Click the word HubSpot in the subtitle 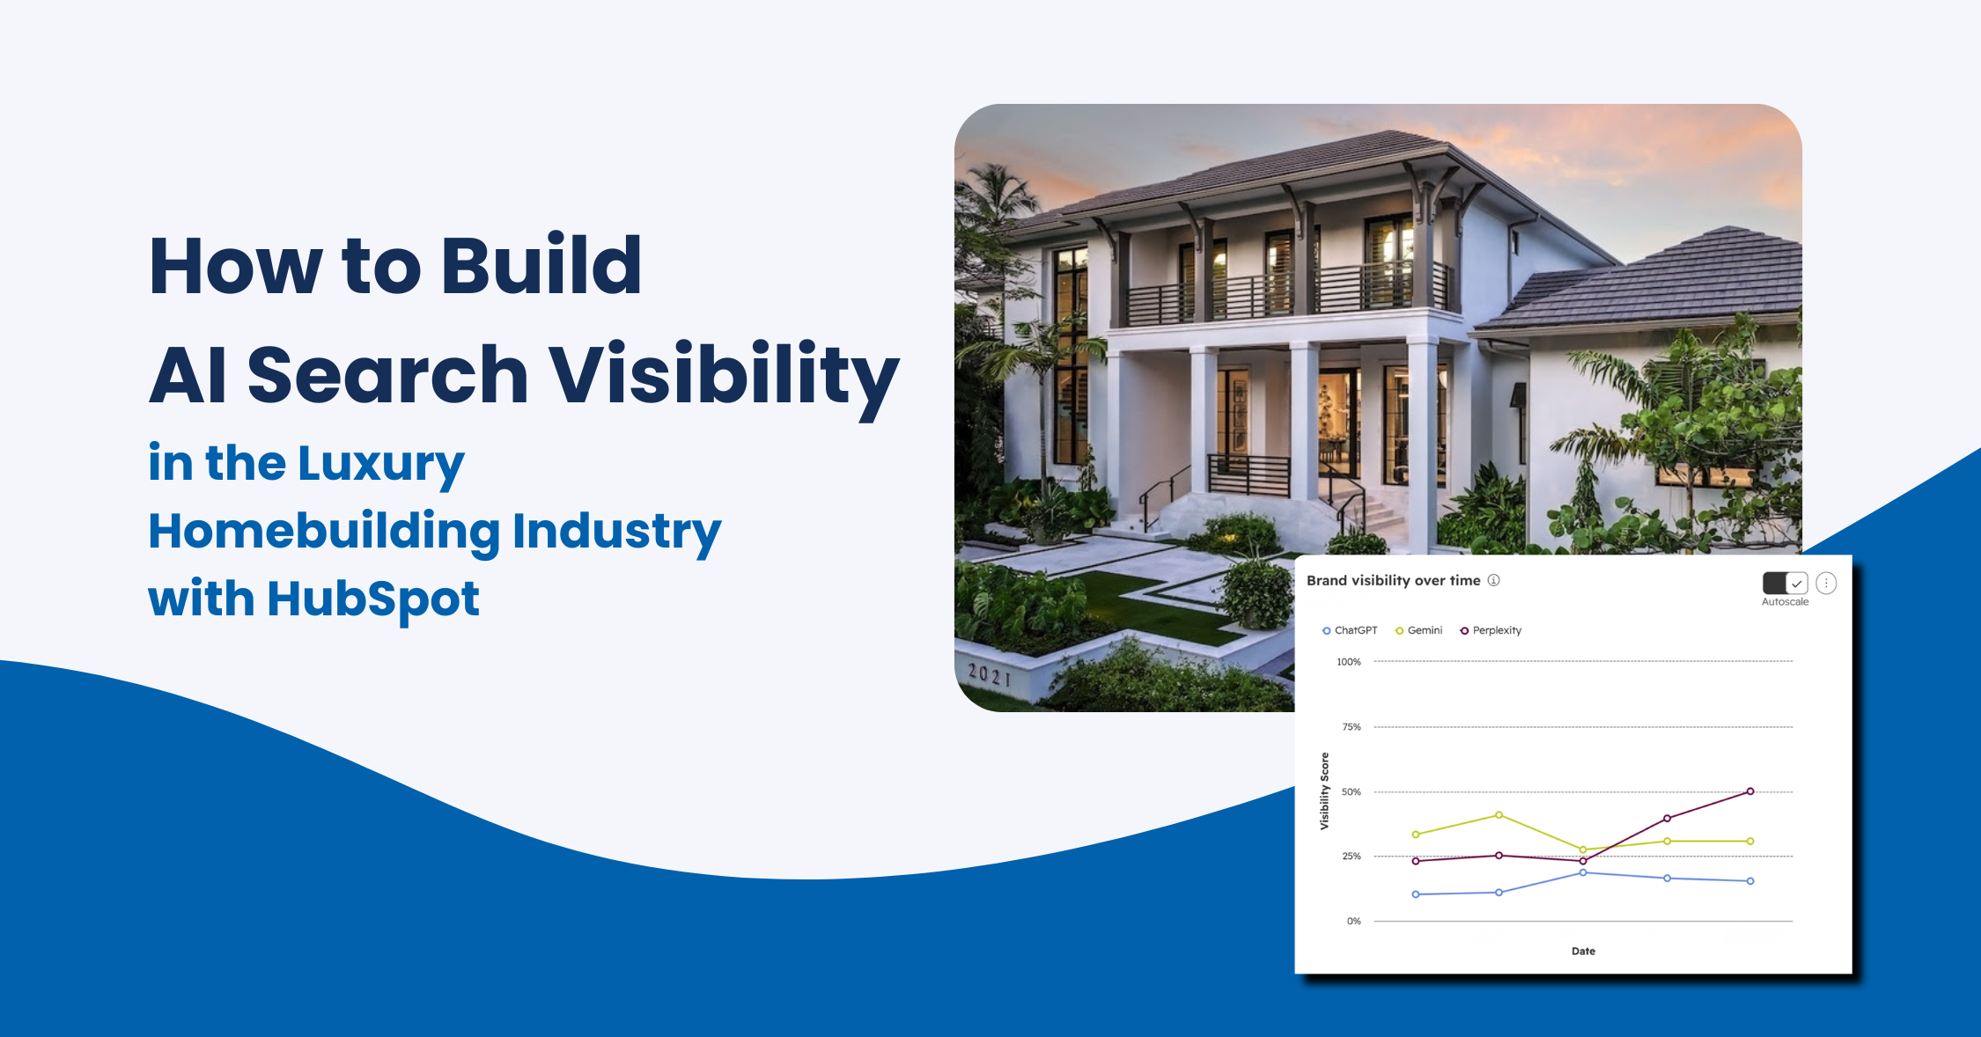point(373,600)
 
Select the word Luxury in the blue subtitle point(381,465)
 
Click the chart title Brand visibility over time point(1393,581)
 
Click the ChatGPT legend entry point(1350,630)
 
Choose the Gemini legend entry point(1419,630)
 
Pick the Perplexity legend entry point(1491,630)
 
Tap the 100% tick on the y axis point(1349,662)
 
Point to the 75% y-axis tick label point(1351,727)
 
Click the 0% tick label point(1354,922)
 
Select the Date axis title point(1583,952)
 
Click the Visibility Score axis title point(1324,791)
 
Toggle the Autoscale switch point(1785,583)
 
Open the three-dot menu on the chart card point(1826,583)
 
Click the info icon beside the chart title point(1494,580)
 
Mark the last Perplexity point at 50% point(1750,791)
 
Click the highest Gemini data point point(1499,815)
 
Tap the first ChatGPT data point point(1416,894)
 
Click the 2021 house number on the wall point(990,676)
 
